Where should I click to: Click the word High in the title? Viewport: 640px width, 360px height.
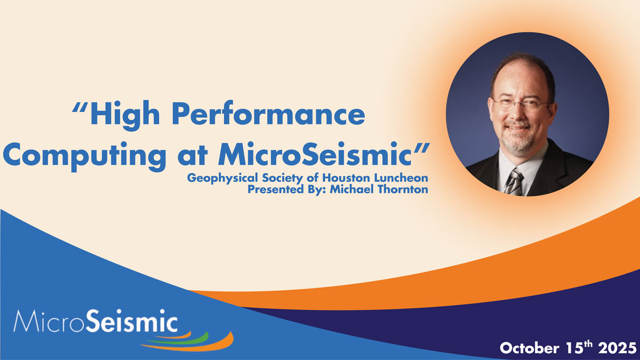125,115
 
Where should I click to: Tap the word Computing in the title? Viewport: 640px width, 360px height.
84,157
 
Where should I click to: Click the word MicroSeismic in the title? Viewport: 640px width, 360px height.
314,154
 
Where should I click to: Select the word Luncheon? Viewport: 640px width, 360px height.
401,178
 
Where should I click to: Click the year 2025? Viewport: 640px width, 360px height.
617,348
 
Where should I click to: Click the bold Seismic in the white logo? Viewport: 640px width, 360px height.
131,321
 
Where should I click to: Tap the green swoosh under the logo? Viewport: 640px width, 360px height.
183,340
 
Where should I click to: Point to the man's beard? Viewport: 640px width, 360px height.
517,140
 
